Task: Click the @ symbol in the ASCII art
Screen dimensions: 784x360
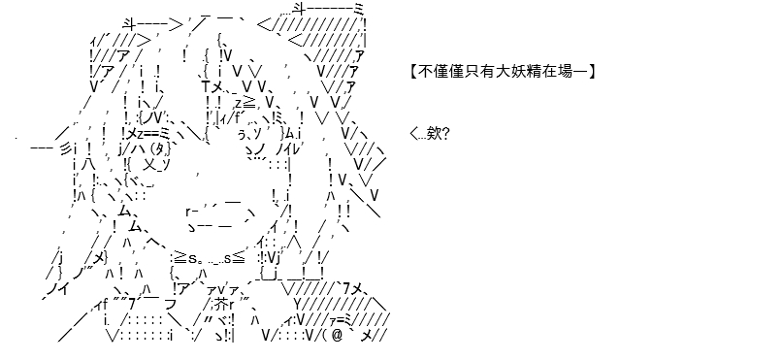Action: (x=337, y=336)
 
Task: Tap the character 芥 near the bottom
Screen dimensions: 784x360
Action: (x=222, y=304)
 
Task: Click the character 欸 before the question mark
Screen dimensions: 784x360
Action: (x=433, y=134)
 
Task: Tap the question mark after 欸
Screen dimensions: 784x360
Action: (x=445, y=134)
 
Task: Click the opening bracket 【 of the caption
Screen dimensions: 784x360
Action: (x=413, y=72)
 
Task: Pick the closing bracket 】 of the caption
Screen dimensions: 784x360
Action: (x=592, y=72)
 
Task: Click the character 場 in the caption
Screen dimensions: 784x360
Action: (x=565, y=72)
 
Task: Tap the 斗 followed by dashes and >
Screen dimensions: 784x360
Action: (x=129, y=24)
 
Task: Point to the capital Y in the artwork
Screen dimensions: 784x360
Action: (x=297, y=304)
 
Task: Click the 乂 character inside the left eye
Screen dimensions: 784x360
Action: (x=149, y=165)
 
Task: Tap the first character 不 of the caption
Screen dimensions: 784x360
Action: (x=424, y=72)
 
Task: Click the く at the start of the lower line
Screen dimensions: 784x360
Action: (x=413, y=134)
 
